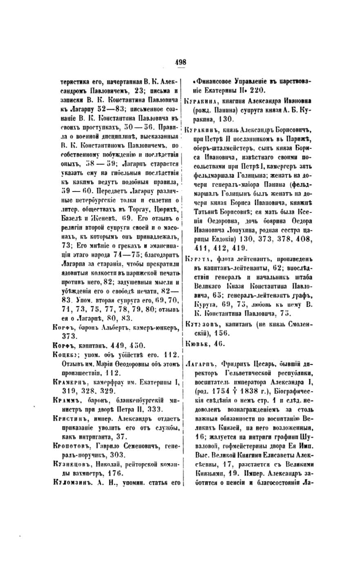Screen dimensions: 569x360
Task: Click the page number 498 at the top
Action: pyautogui.click(x=180, y=62)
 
